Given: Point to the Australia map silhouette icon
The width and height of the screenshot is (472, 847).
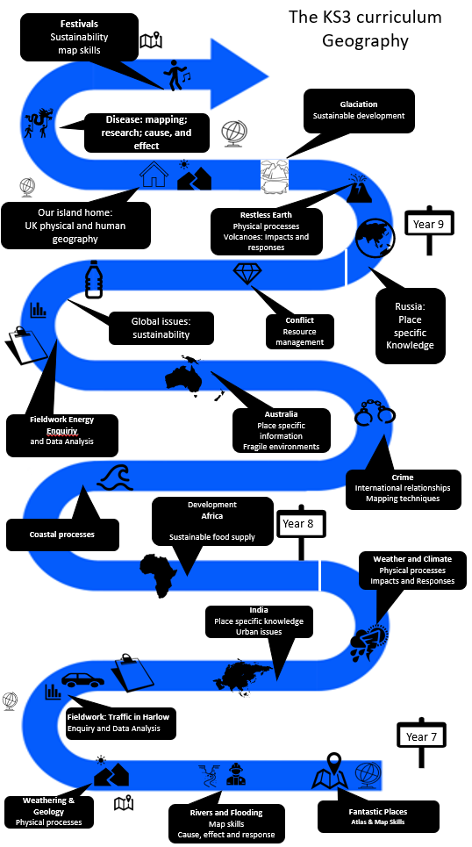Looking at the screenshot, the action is point(187,376).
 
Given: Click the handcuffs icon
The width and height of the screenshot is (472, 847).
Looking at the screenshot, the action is point(375,413).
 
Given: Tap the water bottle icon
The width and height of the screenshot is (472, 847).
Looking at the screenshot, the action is point(93,279).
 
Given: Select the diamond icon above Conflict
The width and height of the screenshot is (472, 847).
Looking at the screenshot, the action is point(247,273).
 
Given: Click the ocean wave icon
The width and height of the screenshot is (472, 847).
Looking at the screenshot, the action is point(114,477).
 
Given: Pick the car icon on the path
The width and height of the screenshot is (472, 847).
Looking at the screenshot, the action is point(82,679).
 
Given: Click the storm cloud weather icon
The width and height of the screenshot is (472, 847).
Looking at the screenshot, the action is point(368,640).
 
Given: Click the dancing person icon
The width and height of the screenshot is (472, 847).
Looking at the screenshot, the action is point(176,75).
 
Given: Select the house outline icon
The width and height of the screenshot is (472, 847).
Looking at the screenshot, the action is point(154,174).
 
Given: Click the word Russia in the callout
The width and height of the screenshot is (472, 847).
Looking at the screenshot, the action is point(410,307).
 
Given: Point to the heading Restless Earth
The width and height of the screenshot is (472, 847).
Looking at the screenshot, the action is point(267,214).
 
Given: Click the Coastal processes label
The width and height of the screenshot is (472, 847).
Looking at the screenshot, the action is point(62,535).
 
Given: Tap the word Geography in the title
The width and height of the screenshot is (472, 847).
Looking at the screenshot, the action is point(365,40).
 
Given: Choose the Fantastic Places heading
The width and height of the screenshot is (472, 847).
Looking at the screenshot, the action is point(378,811).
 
